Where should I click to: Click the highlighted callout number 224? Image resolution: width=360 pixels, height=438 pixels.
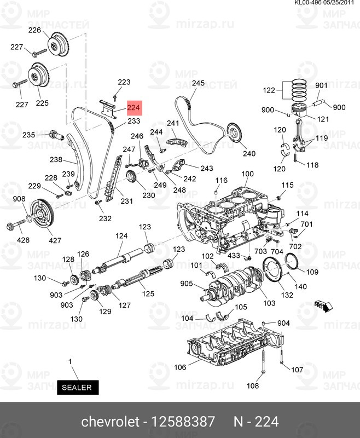coord(134,108)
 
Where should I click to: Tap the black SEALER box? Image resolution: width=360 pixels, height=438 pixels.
coord(78,387)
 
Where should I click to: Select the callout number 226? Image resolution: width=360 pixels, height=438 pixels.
coord(35,31)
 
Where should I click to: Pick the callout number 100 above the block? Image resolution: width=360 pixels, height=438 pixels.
coord(248,175)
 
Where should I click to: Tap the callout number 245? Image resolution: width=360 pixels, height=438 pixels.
coord(198,83)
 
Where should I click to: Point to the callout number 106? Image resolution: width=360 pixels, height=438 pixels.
coord(180,367)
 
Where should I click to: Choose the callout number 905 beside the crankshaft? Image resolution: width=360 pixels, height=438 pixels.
coord(187,283)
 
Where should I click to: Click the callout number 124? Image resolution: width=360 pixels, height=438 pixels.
coord(121,236)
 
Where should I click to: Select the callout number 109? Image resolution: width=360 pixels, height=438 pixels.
coord(311,272)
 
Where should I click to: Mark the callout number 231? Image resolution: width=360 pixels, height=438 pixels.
coord(127,201)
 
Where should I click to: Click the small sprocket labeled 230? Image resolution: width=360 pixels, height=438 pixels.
coord(131,178)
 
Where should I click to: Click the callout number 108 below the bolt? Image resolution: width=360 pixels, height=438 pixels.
coord(252,386)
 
